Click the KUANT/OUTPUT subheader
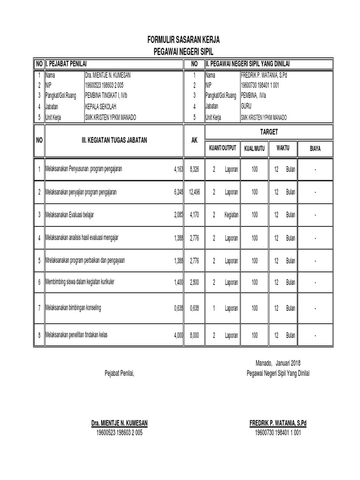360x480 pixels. [x=223, y=149]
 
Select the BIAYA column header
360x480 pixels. [x=315, y=149]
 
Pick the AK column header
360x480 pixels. [x=195, y=140]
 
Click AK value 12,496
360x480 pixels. [x=194, y=192]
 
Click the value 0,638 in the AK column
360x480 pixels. [x=194, y=308]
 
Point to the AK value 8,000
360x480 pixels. [x=194, y=336]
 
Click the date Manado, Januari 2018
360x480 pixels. [x=278, y=363]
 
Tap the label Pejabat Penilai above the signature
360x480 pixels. [x=119, y=373]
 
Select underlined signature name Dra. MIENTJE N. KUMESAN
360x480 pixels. [x=119, y=423]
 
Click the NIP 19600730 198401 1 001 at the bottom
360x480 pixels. [x=278, y=433]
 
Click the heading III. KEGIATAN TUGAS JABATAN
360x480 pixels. [x=114, y=140]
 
